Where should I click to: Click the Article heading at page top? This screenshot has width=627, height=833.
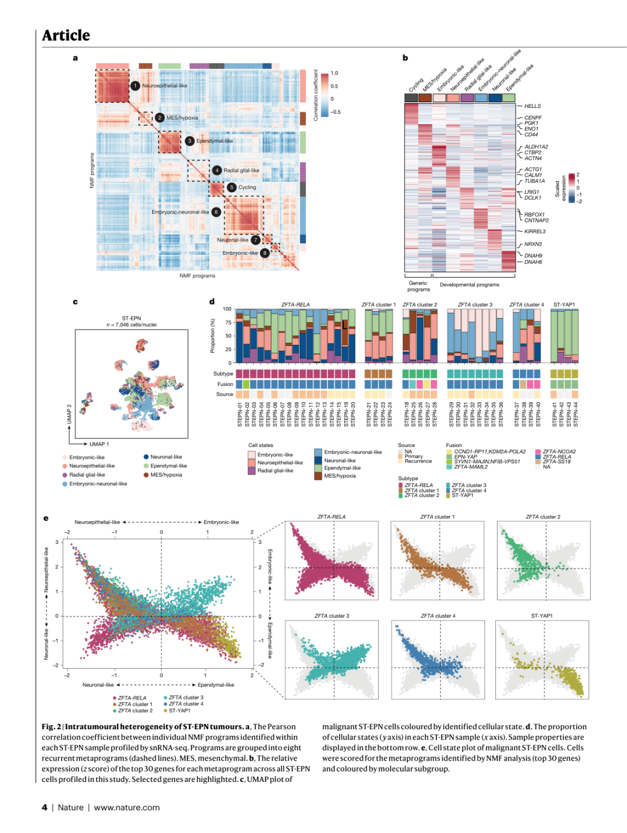click(x=66, y=35)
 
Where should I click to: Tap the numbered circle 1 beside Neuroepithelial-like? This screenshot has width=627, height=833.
click(x=135, y=86)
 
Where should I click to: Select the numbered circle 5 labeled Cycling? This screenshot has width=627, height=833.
click(x=232, y=187)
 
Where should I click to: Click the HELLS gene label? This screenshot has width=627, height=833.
click(x=532, y=106)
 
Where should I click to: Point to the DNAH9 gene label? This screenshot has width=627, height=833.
click(x=533, y=255)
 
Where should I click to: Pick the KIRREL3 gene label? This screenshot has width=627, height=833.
click(x=535, y=232)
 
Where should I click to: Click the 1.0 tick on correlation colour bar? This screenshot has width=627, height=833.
click(x=334, y=73)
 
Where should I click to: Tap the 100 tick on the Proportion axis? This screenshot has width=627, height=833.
click(x=227, y=309)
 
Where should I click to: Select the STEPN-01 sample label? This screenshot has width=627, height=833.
click(x=240, y=414)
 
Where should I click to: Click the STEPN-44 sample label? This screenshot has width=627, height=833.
click(x=576, y=414)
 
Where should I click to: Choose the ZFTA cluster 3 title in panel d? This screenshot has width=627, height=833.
click(x=475, y=305)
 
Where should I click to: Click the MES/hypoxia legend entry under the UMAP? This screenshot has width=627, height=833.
click(x=166, y=475)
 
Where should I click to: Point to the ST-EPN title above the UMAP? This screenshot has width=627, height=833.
click(x=132, y=318)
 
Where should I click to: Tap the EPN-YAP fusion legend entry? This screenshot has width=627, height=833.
click(x=466, y=457)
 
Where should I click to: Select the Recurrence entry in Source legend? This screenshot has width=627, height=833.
click(x=418, y=461)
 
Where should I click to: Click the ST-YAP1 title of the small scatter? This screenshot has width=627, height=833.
click(x=542, y=616)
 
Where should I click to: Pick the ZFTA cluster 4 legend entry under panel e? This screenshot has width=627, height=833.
click(x=186, y=704)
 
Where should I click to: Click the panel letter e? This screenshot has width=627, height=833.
click(x=46, y=518)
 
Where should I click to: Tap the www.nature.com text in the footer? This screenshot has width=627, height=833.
click(x=127, y=807)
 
